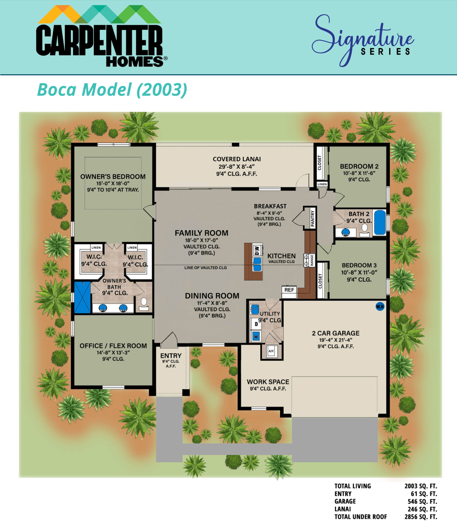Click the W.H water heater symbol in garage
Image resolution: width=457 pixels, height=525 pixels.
point(380,307)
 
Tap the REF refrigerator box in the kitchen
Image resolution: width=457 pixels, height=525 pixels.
point(289,290)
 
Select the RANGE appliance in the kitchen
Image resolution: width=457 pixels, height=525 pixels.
point(309,260)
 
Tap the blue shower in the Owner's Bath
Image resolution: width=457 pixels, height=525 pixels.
point(82,297)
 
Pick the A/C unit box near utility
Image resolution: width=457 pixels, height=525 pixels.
point(271,351)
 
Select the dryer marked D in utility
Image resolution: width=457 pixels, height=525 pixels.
point(256,324)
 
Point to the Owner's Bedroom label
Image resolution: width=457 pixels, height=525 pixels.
point(113,177)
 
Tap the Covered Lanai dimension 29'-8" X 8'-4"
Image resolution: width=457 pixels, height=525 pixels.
point(237,167)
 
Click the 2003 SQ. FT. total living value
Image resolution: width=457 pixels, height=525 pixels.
point(421,486)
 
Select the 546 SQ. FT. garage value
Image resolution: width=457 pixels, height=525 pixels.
point(422,501)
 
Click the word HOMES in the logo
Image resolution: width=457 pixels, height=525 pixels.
point(135,62)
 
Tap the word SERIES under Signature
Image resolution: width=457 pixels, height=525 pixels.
point(386,52)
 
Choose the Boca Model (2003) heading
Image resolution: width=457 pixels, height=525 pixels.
point(112,89)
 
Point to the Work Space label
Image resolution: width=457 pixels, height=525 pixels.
point(268,382)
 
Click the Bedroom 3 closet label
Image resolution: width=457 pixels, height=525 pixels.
point(320,281)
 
